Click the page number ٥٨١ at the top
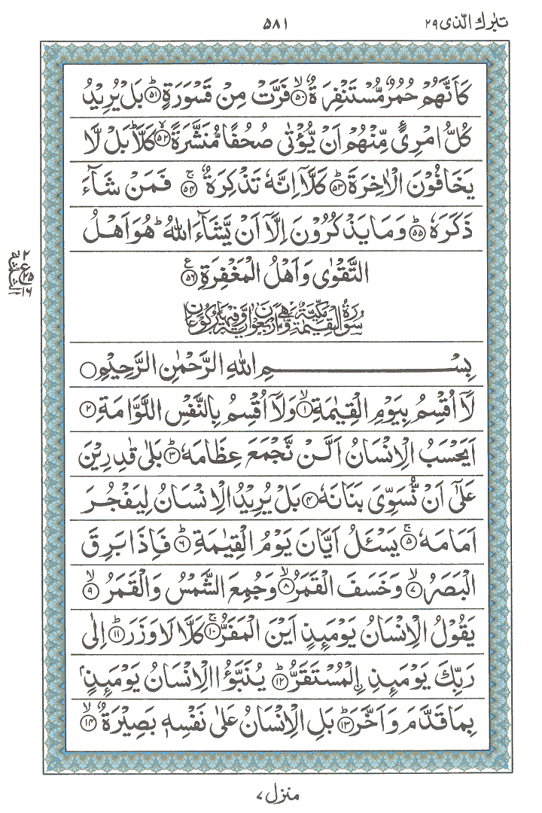tap(272, 20)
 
